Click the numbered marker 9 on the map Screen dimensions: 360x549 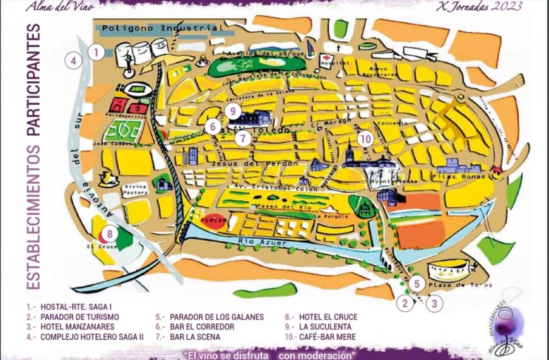click(x=233, y=111)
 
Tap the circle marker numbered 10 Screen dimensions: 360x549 click(x=365, y=138)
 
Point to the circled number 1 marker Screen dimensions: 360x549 click(x=95, y=52)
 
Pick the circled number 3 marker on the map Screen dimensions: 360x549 click(x=434, y=303)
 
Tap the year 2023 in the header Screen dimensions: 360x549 click(x=507, y=7)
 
